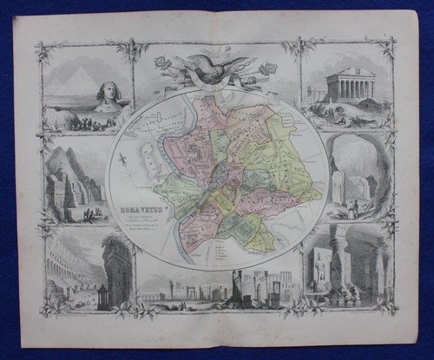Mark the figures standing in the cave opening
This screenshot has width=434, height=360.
point(354,207)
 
